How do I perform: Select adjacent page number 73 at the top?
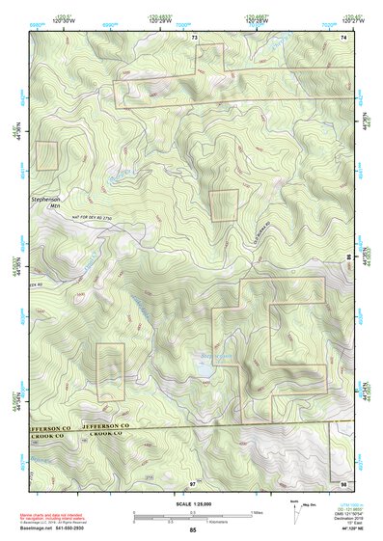pyautogui.click(x=194, y=36)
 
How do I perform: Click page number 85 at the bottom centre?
pyautogui.click(x=193, y=529)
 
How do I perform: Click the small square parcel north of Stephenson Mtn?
pyautogui.click(x=45, y=155)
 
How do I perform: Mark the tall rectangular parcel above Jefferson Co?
pyautogui.click(x=111, y=368)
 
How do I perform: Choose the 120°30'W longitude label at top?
pyautogui.click(x=65, y=21)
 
